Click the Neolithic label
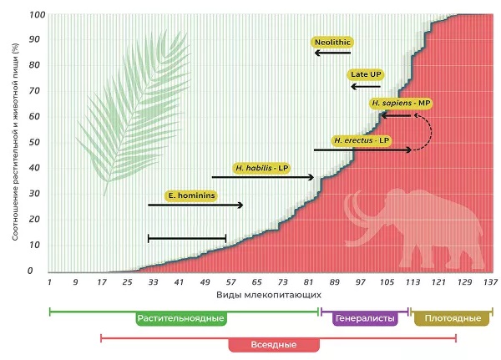click(x=331, y=40)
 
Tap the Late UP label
click(x=367, y=74)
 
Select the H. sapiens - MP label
click(x=402, y=103)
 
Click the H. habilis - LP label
click(x=261, y=167)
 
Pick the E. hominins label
click(x=191, y=195)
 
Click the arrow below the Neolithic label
click(x=333, y=53)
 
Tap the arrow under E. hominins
click(x=195, y=205)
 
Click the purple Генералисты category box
click(x=366, y=318)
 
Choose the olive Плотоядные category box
click(x=452, y=318)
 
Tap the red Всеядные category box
click(x=274, y=344)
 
